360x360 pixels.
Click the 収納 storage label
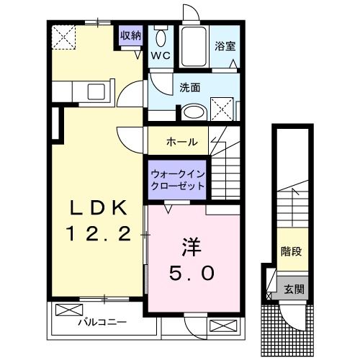(x=131, y=36)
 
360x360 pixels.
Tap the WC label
(x=161, y=56)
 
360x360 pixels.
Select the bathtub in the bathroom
(x=194, y=47)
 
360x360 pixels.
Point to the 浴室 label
(x=225, y=46)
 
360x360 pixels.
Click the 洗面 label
(x=190, y=88)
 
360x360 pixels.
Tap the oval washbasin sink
(x=194, y=112)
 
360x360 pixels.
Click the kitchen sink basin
(x=96, y=91)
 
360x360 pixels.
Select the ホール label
(x=182, y=142)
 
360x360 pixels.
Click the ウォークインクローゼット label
(x=177, y=180)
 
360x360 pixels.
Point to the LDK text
(x=98, y=208)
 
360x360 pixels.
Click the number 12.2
(x=98, y=233)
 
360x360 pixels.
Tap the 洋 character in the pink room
(x=192, y=247)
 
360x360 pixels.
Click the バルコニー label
(x=102, y=322)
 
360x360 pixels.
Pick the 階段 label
(x=292, y=251)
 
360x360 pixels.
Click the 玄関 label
(x=294, y=289)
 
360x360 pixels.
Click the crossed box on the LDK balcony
(x=69, y=310)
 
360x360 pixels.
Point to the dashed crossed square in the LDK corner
(x=63, y=37)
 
